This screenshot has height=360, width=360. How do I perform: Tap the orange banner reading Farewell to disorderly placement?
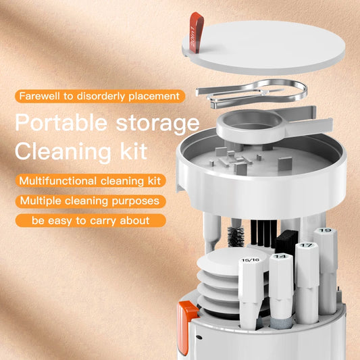point(99,96)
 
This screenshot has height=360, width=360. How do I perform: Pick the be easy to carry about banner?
point(90,220)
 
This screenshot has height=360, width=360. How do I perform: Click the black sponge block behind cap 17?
point(286,240)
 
